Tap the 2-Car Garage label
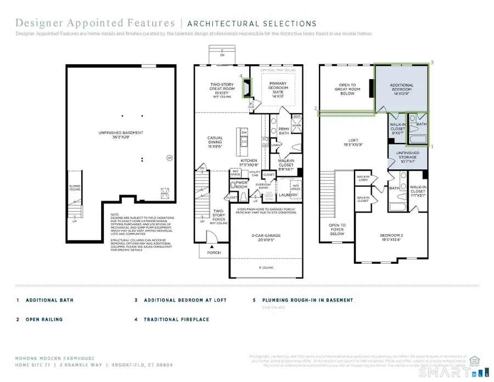click(265, 237)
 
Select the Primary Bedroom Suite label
click(277, 89)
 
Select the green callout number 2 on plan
click(316, 108)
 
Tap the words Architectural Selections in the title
click(251, 24)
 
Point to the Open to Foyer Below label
click(337, 229)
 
